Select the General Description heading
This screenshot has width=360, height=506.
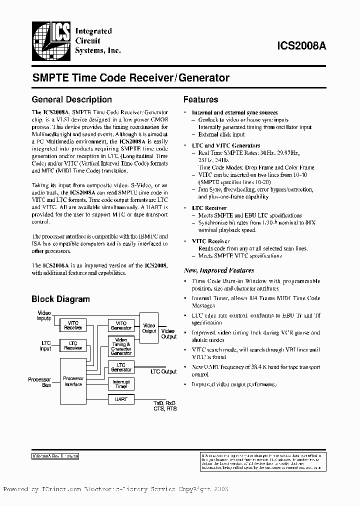click(71, 99)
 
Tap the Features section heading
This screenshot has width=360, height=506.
click(200, 99)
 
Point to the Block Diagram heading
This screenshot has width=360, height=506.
click(60, 299)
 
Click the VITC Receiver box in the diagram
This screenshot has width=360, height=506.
click(73, 325)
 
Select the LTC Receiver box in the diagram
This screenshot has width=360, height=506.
click(73, 346)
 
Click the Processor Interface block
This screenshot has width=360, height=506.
click(73, 381)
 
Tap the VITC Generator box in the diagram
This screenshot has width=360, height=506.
click(121, 325)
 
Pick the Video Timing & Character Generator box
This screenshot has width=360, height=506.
click(121, 346)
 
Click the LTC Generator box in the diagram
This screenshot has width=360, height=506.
click(121, 367)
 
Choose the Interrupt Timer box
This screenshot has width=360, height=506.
click(121, 383)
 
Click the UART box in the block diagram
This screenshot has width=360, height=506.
click(121, 399)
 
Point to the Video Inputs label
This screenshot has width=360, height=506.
click(44, 315)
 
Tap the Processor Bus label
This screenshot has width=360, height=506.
click(39, 382)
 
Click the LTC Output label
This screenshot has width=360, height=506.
click(163, 371)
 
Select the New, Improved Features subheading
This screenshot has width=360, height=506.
click(219, 270)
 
